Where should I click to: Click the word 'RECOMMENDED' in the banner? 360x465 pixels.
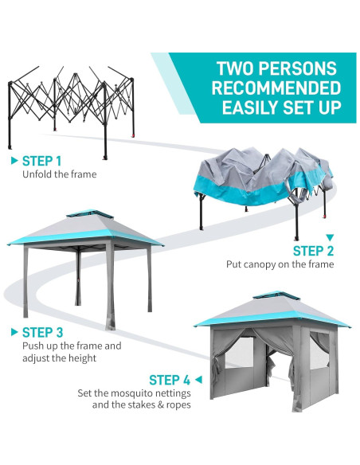click(x=265, y=88)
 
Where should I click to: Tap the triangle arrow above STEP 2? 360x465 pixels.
click(x=330, y=236)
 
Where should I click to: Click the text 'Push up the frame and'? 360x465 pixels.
click(x=72, y=346)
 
